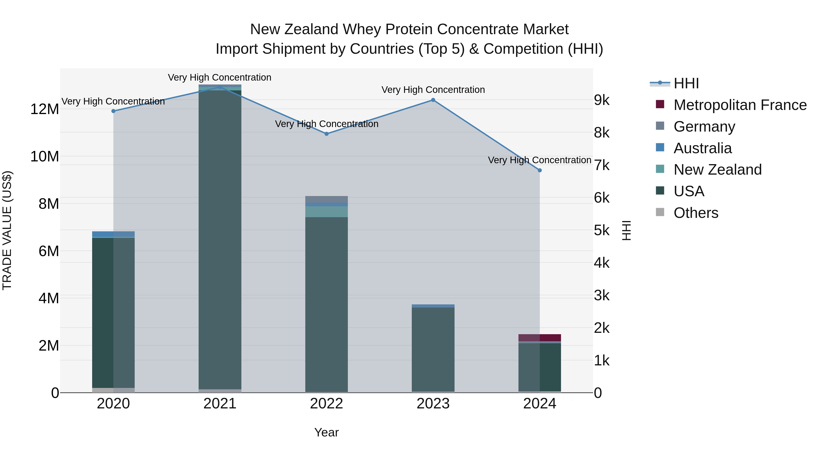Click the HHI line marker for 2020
(x=113, y=111)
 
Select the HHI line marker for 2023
(x=433, y=100)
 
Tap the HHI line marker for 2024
(x=540, y=171)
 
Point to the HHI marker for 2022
(x=326, y=134)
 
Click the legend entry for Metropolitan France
(x=740, y=105)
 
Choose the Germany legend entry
(x=704, y=127)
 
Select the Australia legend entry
(x=702, y=148)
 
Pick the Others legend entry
(x=696, y=213)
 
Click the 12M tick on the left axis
(x=45, y=109)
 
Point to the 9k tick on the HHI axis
(x=602, y=100)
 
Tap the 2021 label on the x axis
(x=220, y=404)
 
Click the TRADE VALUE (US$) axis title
(x=7, y=230)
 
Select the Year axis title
(x=326, y=432)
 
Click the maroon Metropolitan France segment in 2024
(x=550, y=338)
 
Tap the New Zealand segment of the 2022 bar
(x=326, y=211)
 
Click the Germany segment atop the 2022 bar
(x=326, y=199)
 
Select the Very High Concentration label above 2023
(x=433, y=90)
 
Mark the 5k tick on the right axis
(x=602, y=230)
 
